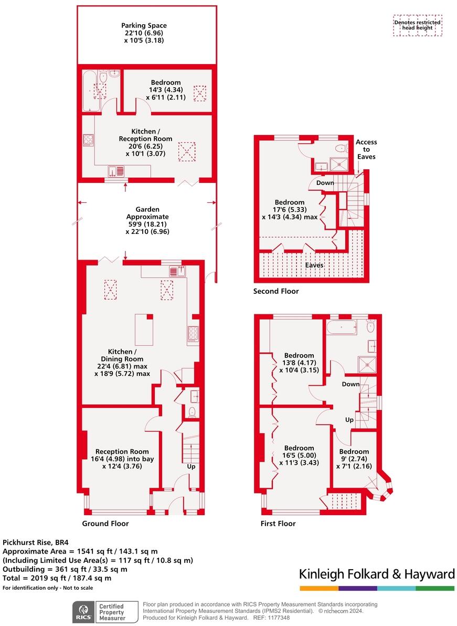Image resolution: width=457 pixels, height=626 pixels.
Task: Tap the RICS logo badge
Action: coord(82,612)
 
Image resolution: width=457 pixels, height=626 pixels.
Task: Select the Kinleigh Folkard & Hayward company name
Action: coord(377,574)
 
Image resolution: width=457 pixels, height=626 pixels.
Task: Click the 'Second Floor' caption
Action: coord(276,291)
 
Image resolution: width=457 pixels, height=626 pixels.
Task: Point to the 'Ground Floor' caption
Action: coord(105,524)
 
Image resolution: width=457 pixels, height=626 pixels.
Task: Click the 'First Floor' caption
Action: coord(278,524)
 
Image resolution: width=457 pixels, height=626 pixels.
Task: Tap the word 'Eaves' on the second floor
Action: coord(315,265)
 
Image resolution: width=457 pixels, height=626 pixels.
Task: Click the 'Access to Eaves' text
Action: coord(366,149)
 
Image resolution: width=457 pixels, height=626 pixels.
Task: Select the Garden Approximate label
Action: coord(147,220)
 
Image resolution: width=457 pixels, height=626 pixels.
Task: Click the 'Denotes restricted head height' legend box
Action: coord(418,25)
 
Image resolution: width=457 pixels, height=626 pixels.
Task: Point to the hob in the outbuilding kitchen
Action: coord(88,140)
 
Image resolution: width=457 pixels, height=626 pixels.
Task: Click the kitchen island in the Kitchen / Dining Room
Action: coord(144,329)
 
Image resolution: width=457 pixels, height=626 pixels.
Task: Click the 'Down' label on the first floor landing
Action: coord(350,384)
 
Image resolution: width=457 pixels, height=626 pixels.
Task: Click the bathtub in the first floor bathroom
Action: coord(342,329)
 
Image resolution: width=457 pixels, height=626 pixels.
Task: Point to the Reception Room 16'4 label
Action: coord(122,458)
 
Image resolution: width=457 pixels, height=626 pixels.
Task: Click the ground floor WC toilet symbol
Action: coord(192,412)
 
